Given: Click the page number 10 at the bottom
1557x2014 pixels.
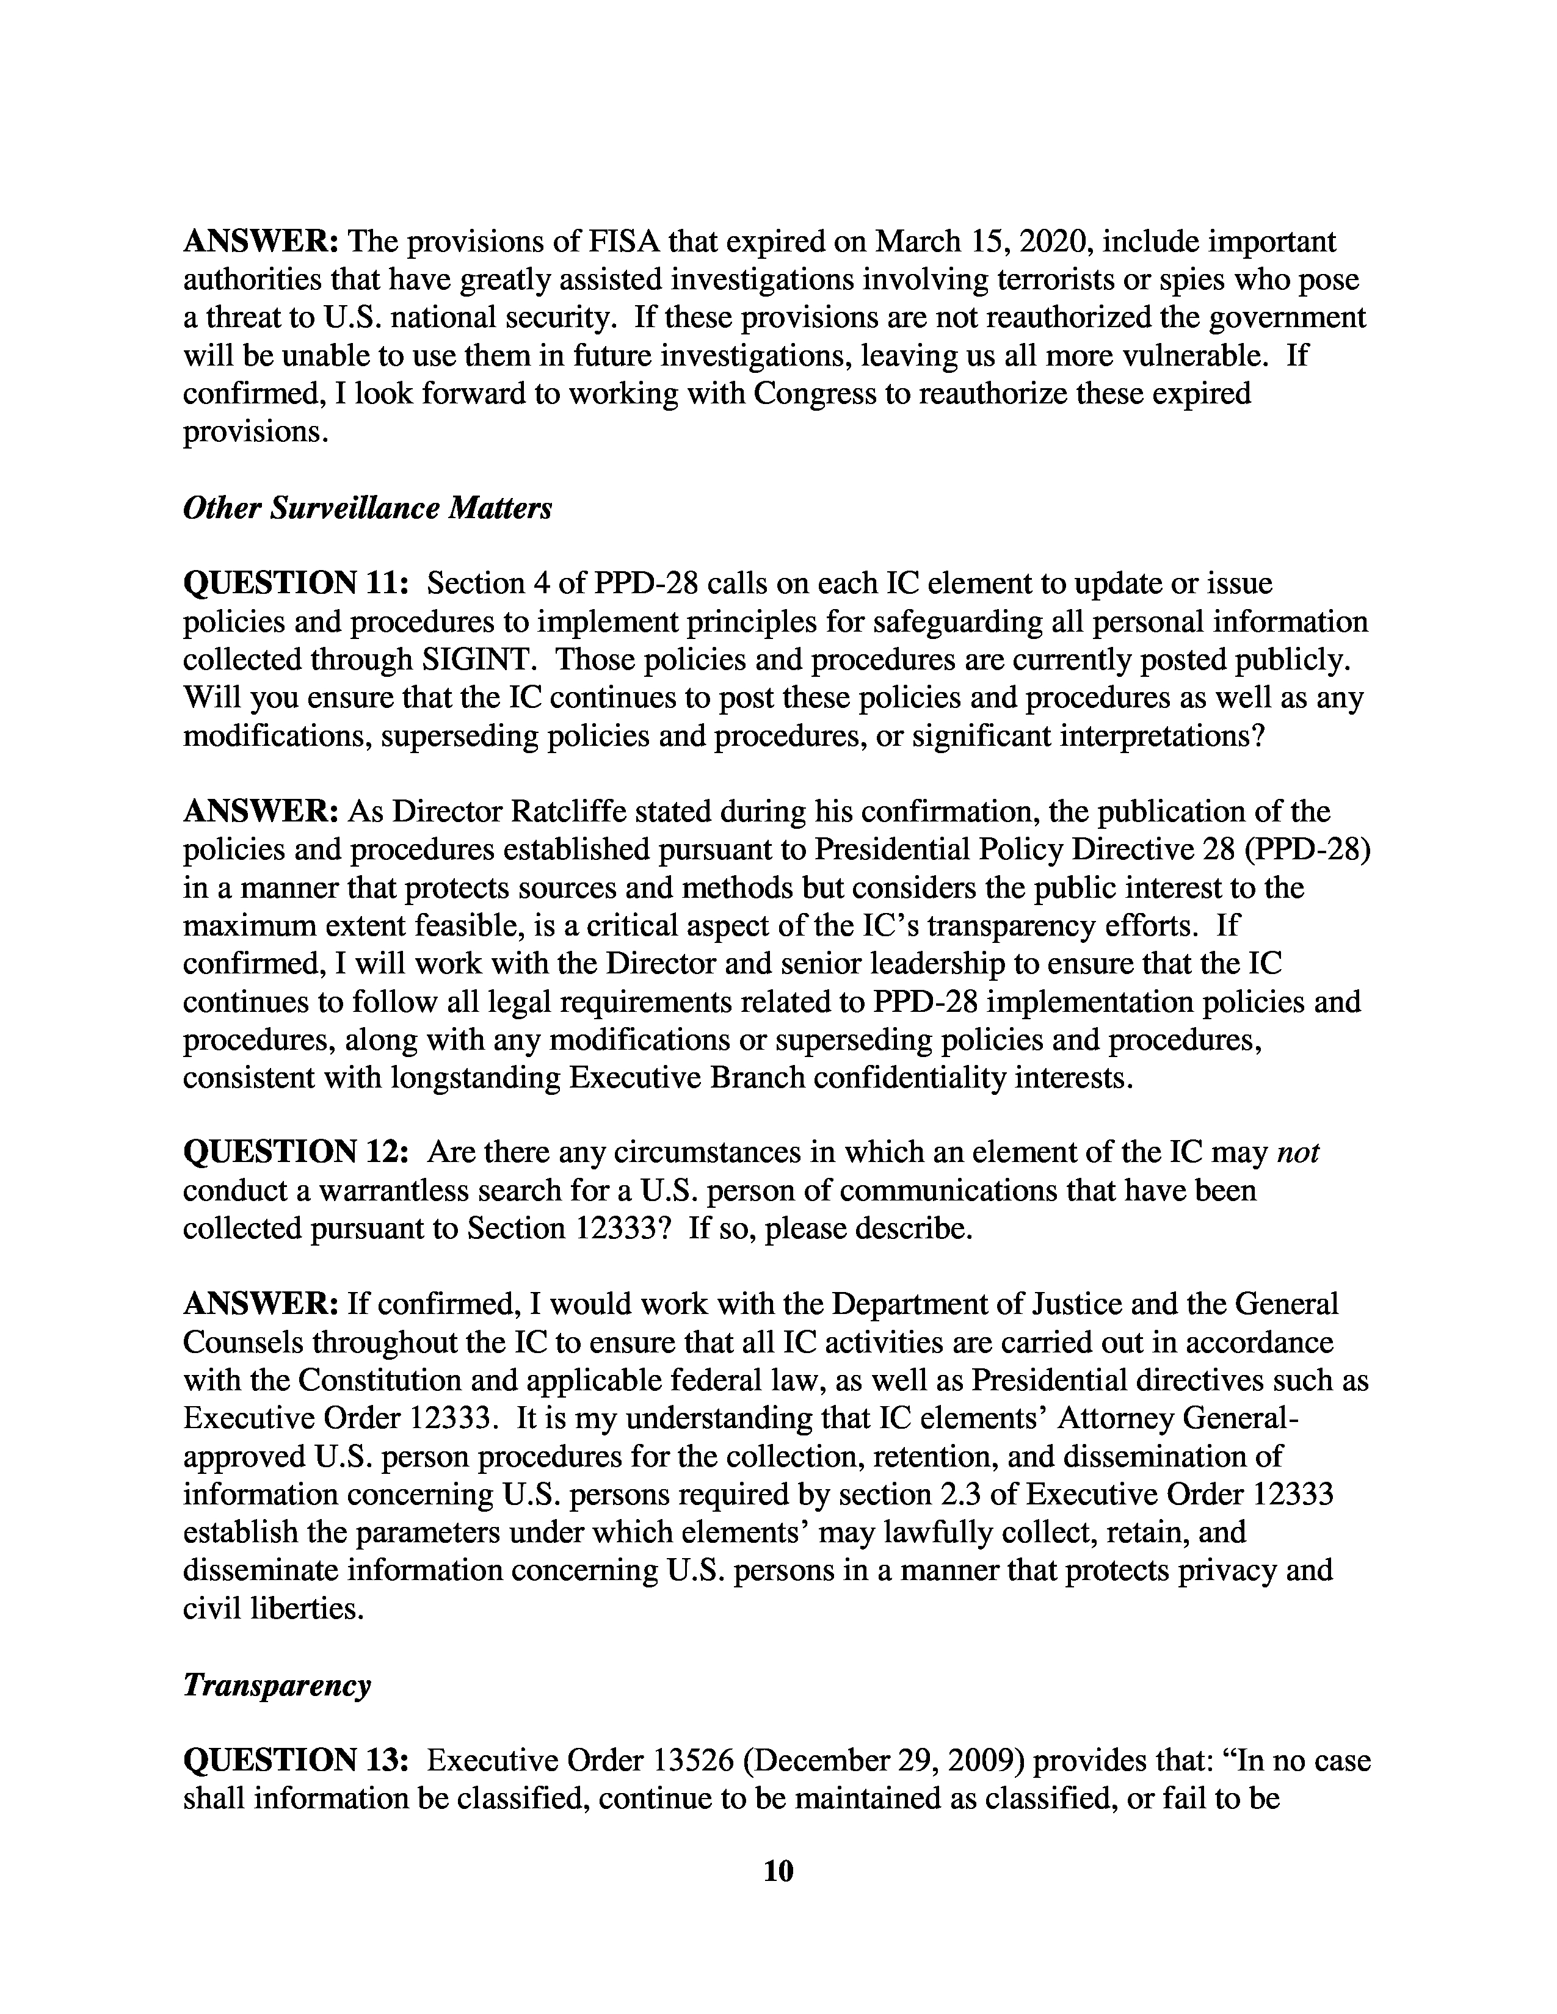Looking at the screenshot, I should coord(778,1871).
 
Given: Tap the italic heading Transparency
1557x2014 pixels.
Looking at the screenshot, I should coord(277,1685).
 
